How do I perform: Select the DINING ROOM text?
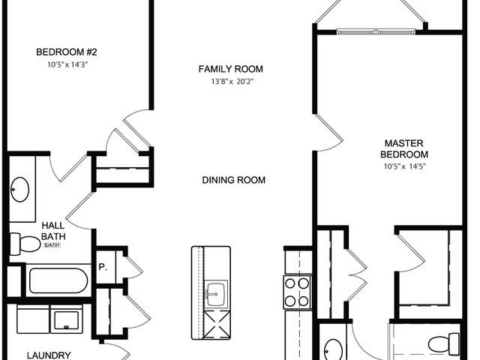point(233,180)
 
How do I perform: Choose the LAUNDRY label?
point(49,355)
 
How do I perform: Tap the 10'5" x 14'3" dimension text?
point(67,64)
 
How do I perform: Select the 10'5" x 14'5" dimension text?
point(405,166)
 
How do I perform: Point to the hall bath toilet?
point(25,243)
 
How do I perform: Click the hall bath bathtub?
point(58,280)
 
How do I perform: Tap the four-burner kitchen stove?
point(296,292)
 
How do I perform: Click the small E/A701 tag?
point(52,245)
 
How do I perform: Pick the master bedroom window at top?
point(377,31)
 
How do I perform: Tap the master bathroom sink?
point(334,349)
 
